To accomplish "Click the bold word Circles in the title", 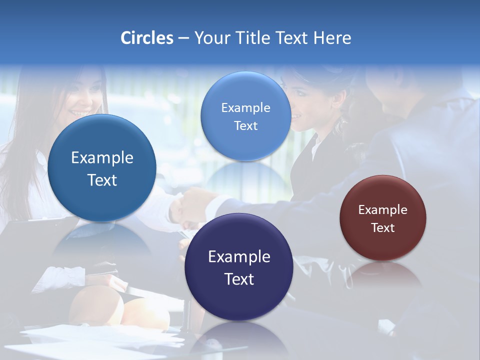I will pyautogui.click(x=147, y=38).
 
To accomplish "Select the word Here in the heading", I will pyautogui.click(x=332, y=38).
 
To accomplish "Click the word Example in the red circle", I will pyautogui.click(x=383, y=210).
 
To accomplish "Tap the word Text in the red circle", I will pyautogui.click(x=383, y=228).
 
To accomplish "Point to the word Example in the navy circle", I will pyautogui.click(x=239, y=257).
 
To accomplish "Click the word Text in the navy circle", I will pyautogui.click(x=239, y=279).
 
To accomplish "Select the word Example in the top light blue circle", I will pyautogui.click(x=245, y=108).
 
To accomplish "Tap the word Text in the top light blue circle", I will pyautogui.click(x=245, y=126).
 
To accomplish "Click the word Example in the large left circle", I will pyautogui.click(x=102, y=158).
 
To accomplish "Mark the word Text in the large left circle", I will pyautogui.click(x=102, y=180).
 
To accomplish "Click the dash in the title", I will pyautogui.click(x=183, y=38).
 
